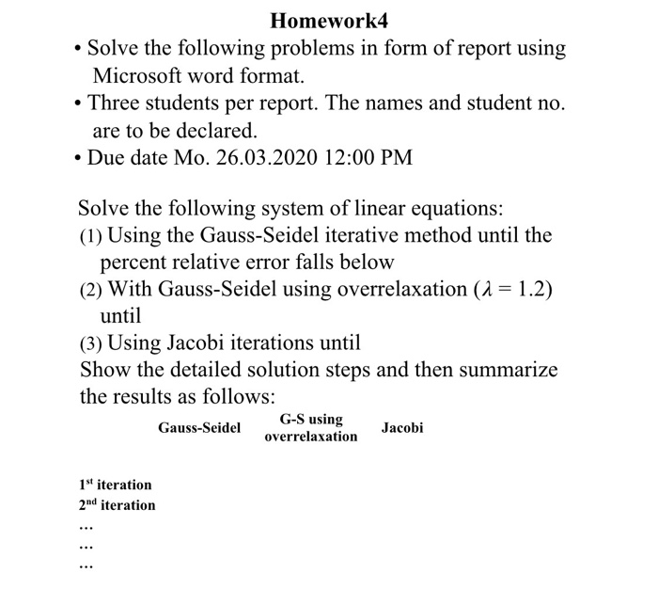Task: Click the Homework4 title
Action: (x=329, y=20)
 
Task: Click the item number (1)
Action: (x=92, y=235)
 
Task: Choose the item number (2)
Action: (x=92, y=290)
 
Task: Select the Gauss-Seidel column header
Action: (x=199, y=428)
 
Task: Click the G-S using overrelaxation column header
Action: (x=311, y=428)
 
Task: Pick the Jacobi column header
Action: (x=402, y=428)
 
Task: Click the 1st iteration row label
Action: (x=116, y=485)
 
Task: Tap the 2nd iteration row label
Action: (x=117, y=505)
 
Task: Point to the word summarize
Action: (x=508, y=370)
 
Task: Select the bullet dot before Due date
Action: (x=75, y=158)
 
